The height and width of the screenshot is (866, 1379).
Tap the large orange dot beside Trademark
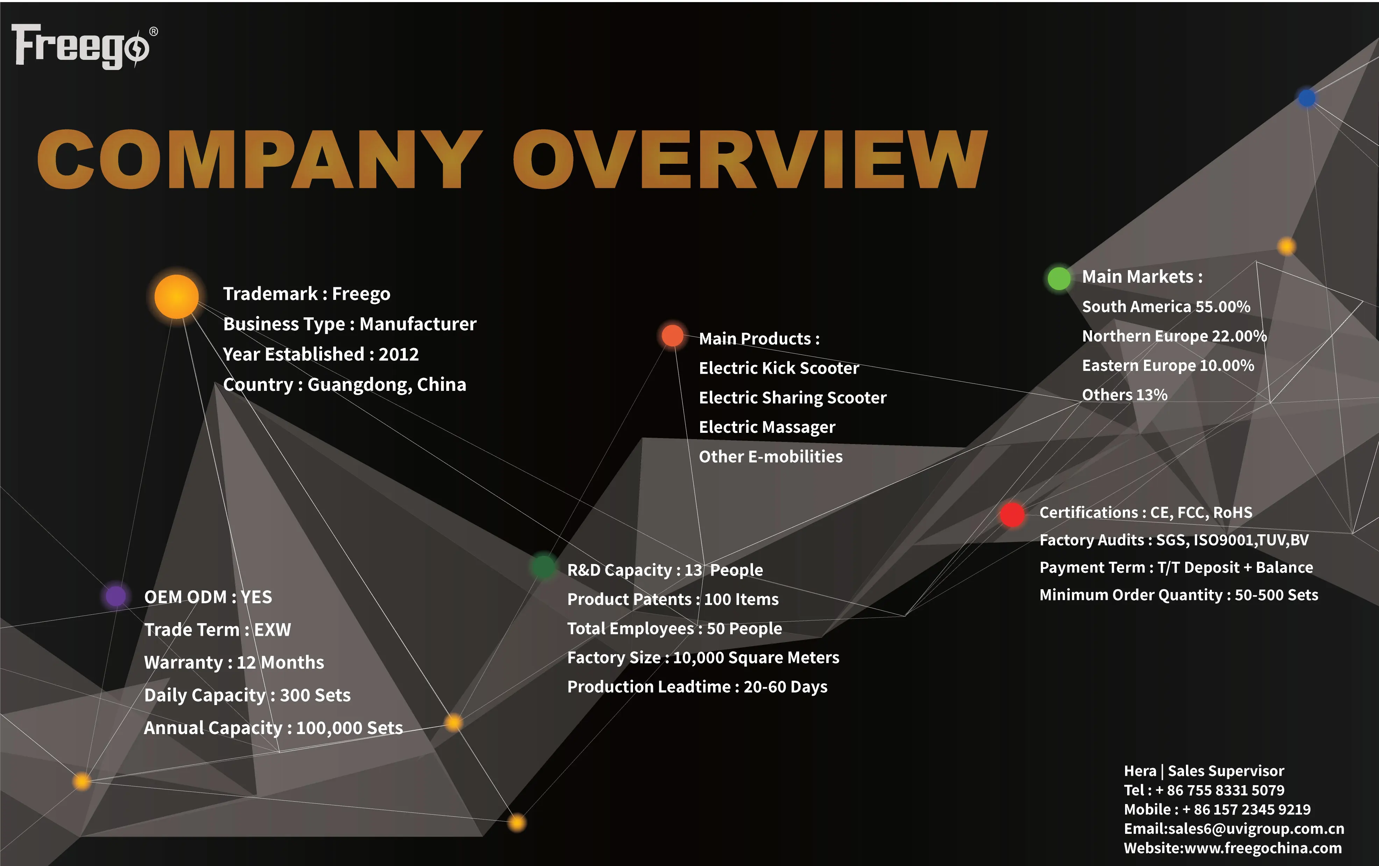(176, 296)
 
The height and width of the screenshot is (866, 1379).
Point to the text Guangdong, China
(387, 384)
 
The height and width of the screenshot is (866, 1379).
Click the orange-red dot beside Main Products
(672, 336)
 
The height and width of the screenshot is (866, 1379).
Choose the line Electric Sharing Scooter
(792, 397)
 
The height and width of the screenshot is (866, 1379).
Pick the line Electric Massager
(767, 427)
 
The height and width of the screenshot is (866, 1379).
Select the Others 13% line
(1124, 395)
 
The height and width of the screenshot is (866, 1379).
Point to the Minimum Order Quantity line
(1178, 595)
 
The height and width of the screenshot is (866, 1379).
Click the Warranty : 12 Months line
(234, 663)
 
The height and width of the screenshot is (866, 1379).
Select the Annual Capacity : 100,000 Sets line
(273, 728)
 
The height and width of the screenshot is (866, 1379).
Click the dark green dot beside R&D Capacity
(543, 567)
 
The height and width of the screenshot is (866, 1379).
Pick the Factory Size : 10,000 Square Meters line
(703, 657)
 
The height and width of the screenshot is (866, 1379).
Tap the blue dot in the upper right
(1306, 98)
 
